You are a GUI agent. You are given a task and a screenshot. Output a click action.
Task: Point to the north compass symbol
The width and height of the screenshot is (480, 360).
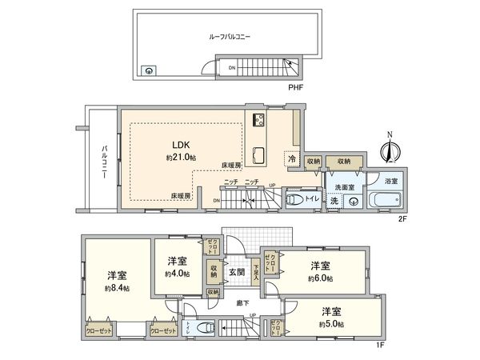tap(390, 149)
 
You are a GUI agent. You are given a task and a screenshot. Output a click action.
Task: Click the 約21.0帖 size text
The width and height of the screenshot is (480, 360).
tap(180, 157)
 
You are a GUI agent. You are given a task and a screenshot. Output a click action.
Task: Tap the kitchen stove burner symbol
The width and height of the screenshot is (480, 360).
tap(261, 121)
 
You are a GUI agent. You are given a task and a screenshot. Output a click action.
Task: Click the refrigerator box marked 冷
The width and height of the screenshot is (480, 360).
tap(293, 161)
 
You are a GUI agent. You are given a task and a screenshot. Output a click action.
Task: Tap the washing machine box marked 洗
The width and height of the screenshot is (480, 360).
tap(332, 200)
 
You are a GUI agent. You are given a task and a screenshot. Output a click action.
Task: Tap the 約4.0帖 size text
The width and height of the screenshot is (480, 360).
tap(178, 274)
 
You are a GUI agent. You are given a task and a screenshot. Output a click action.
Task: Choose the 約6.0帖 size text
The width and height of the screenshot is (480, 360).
tap(321, 278)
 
